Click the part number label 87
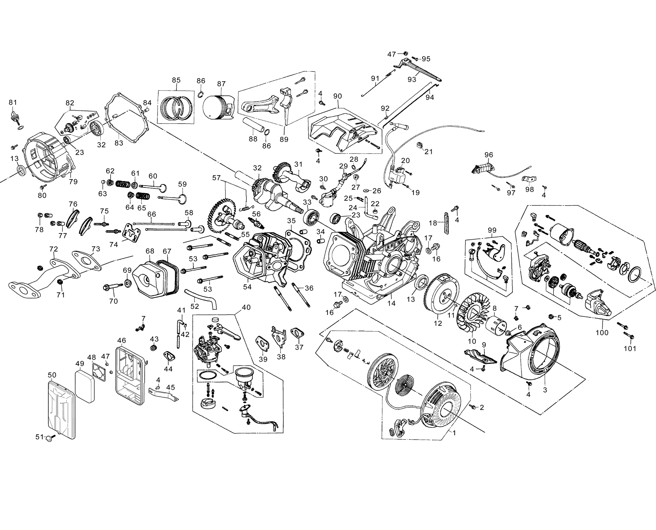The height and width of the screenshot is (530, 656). click(221, 84)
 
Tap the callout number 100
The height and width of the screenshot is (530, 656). click(602, 333)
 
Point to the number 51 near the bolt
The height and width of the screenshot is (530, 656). click(39, 437)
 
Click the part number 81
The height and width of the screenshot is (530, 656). click(13, 102)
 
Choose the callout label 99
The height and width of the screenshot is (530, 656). click(492, 230)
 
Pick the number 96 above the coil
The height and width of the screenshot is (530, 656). click(489, 155)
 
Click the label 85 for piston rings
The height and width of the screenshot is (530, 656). click(176, 80)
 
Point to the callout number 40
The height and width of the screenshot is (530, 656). click(246, 307)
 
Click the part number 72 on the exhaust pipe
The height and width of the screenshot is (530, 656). click(53, 249)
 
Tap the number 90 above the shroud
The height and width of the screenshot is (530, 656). click(337, 96)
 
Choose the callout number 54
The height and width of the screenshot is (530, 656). click(247, 286)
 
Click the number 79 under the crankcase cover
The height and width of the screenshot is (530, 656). click(73, 181)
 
